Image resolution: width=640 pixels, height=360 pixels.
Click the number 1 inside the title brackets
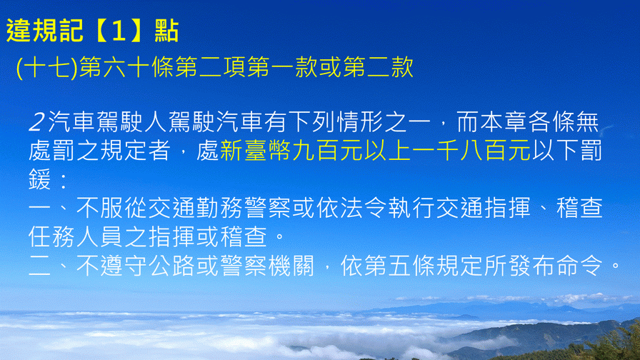click(119, 31)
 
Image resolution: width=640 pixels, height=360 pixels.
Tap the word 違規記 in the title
click(44, 31)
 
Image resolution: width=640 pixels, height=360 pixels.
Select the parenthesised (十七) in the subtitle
click(47, 67)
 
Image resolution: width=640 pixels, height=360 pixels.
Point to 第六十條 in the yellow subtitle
click(126, 67)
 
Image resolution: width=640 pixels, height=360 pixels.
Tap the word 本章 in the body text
click(504, 122)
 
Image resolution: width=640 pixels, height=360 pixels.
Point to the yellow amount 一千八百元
click(471, 151)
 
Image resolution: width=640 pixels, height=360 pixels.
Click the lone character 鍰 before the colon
click(39, 179)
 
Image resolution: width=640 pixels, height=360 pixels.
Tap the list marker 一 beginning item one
click(39, 208)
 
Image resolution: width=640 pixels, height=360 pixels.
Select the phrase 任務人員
click(76, 236)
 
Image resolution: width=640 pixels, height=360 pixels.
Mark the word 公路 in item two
click(171, 266)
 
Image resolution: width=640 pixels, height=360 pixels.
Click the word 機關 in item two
click(291, 266)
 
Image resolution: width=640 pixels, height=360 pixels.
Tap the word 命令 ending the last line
click(579, 266)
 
